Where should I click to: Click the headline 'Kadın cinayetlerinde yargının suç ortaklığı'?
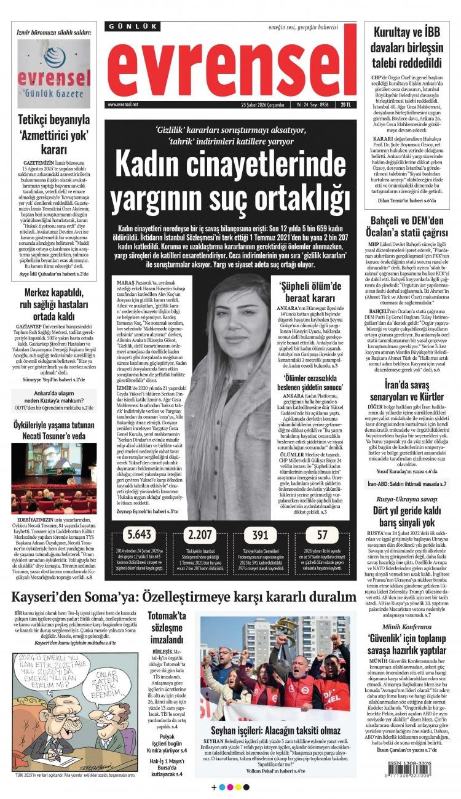click(x=229, y=183)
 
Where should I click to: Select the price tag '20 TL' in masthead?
click(x=347, y=105)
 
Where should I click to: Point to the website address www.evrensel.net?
click(x=122, y=105)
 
